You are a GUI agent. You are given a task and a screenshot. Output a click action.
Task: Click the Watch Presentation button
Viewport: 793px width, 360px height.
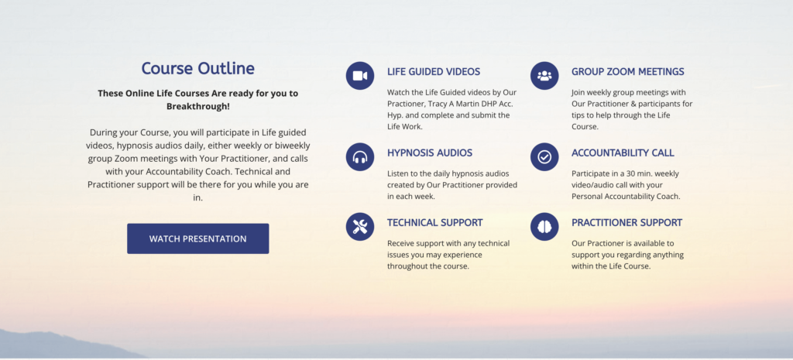tap(197, 238)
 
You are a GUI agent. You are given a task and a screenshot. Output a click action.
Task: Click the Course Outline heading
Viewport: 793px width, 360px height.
tap(197, 68)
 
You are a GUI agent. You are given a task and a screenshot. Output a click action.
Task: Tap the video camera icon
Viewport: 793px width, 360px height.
tap(360, 76)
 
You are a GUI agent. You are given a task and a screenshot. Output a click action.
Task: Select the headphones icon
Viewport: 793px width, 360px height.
tap(360, 156)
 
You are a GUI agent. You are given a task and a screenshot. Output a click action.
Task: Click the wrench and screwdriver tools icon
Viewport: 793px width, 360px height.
tap(360, 227)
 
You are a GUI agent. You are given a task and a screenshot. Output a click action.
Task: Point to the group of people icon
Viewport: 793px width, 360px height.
tap(544, 76)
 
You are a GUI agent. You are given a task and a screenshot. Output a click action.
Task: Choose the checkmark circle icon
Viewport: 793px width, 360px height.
tap(544, 156)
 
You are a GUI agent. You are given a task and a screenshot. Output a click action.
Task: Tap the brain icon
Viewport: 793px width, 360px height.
tap(544, 227)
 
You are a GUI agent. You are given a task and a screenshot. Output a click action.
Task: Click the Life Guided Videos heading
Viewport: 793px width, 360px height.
tap(434, 72)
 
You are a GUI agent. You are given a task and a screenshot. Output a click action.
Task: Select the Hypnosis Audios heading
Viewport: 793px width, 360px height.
tap(430, 153)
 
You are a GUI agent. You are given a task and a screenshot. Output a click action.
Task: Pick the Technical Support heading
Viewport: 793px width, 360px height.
tap(435, 222)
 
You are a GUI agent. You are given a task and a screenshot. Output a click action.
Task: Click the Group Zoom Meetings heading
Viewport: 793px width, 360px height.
tap(628, 72)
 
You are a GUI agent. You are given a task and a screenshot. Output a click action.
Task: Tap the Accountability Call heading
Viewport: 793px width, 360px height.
tap(623, 153)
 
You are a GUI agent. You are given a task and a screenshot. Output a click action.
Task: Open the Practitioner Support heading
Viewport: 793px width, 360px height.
tap(627, 222)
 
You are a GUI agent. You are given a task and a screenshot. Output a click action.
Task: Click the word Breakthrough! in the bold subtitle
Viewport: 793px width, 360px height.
tap(197, 107)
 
